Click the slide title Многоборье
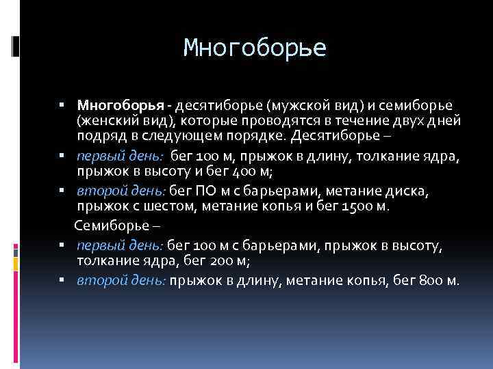[255, 49]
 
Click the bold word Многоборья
[121, 106]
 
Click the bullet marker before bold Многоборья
[62, 107]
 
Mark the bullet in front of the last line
[62, 280]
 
